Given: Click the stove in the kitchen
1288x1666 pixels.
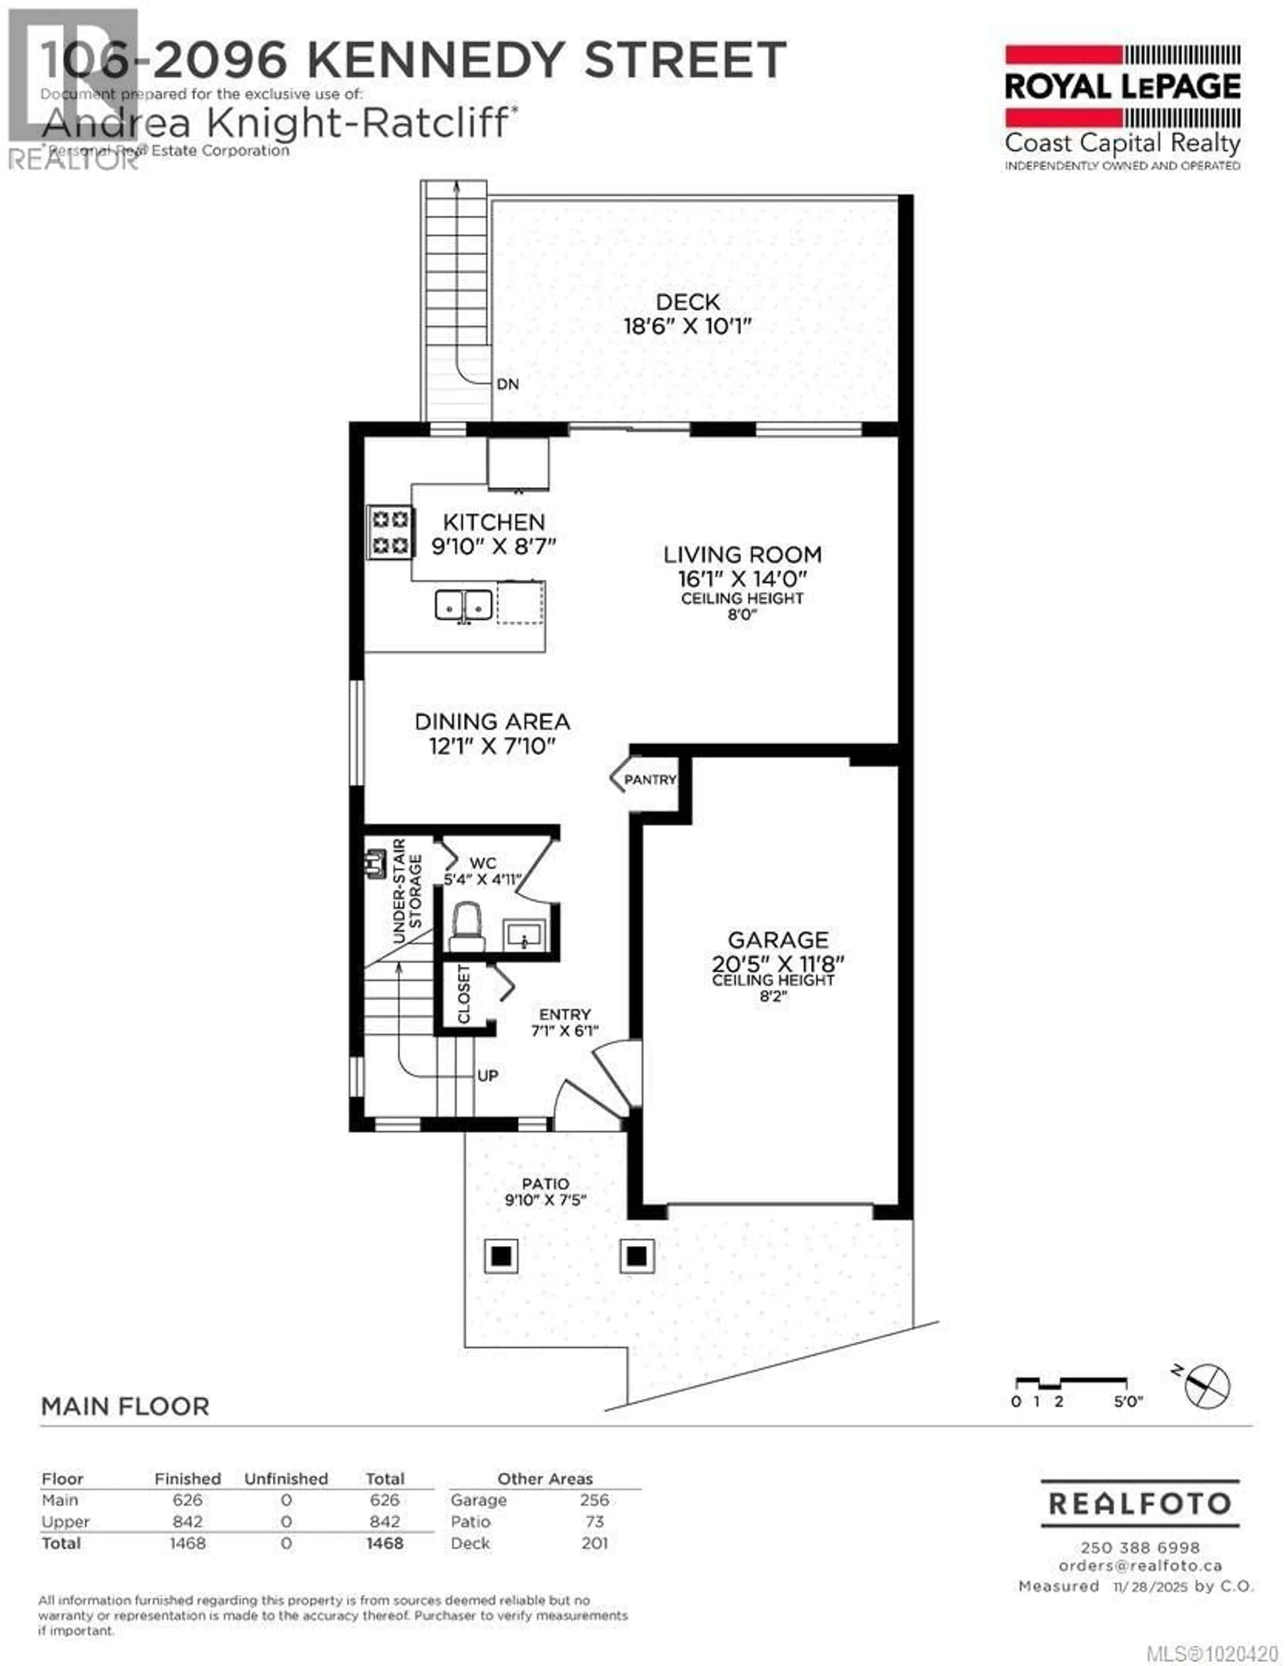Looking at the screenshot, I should [x=390, y=532].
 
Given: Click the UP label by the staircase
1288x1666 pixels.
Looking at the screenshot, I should [x=488, y=1076].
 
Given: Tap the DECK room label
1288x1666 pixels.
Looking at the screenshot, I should [x=688, y=302].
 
